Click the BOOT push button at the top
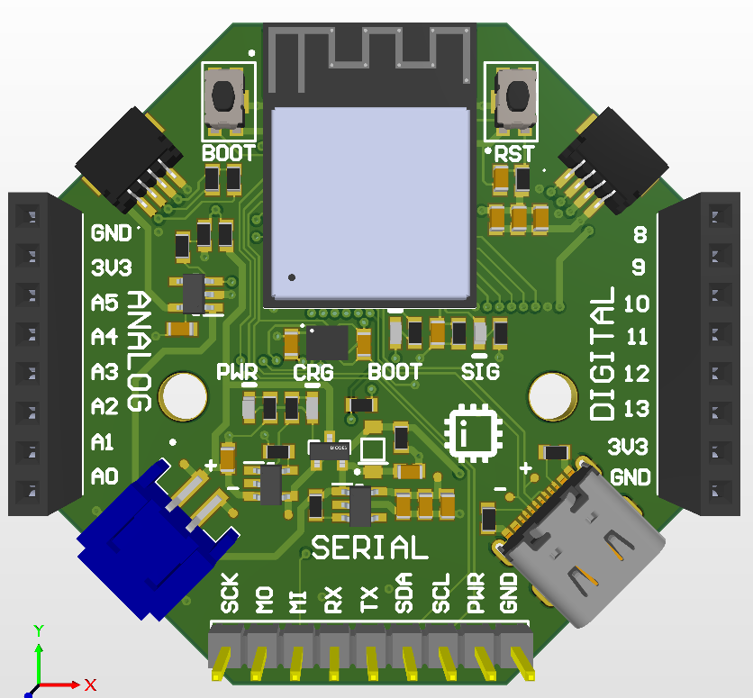point(224,98)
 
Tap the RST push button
point(515,98)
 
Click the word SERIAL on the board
point(369,548)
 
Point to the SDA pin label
point(404,594)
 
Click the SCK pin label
point(230,594)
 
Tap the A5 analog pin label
point(104,304)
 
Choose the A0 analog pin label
point(104,476)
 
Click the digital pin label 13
point(636,409)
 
